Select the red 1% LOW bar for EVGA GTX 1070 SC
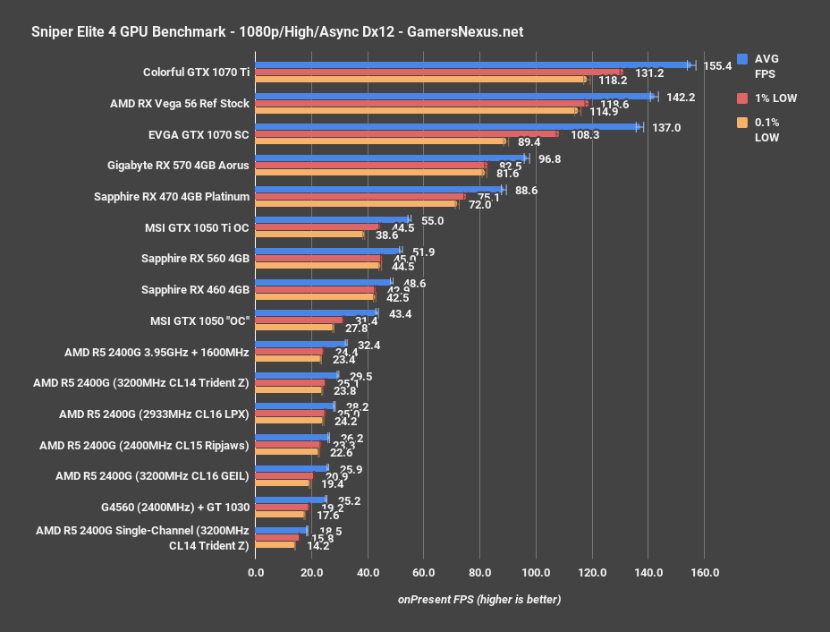[407, 134]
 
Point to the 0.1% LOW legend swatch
[741, 123]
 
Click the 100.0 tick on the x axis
[536, 571]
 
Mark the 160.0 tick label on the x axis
[704, 571]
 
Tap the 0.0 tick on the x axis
[256, 571]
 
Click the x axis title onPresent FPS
[479, 599]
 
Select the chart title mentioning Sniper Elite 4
[265, 31]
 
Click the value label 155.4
[717, 65]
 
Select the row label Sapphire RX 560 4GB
[195, 259]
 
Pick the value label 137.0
[666, 127]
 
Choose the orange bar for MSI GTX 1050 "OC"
[294, 328]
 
